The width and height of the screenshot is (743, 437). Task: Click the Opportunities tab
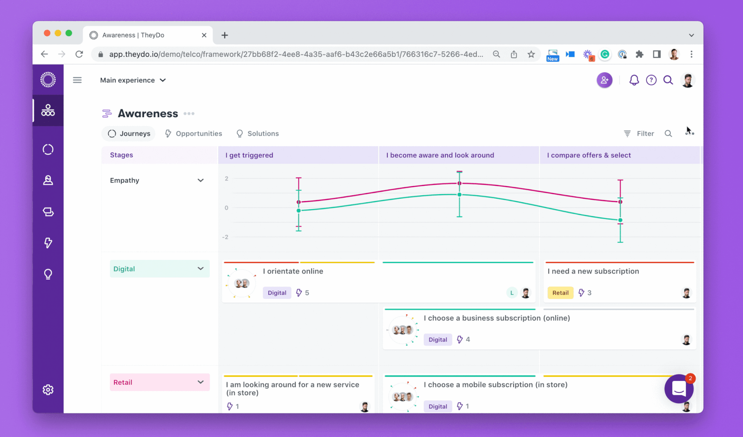pyautogui.click(x=193, y=133)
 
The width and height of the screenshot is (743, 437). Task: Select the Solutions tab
pyautogui.click(x=257, y=133)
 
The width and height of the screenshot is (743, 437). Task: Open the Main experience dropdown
pyautogui.click(x=133, y=80)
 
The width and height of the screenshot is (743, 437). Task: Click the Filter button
pyautogui.click(x=639, y=133)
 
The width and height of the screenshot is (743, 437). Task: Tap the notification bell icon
pyautogui.click(x=634, y=80)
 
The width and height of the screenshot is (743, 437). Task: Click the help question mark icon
pyautogui.click(x=651, y=80)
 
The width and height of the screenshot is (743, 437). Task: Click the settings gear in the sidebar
pyautogui.click(x=48, y=389)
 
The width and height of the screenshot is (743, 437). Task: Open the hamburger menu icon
pyautogui.click(x=77, y=80)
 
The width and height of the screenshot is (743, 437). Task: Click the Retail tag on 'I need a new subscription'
pyautogui.click(x=560, y=293)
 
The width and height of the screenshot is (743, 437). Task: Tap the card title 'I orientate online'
pyautogui.click(x=293, y=271)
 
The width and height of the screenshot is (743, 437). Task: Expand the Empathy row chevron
pyautogui.click(x=200, y=180)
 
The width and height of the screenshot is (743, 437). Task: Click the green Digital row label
pyautogui.click(x=159, y=269)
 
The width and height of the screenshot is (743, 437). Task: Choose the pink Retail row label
pyautogui.click(x=159, y=382)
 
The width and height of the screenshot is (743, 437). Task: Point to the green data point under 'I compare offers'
pyautogui.click(x=620, y=220)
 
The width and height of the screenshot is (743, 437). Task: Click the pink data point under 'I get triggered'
pyautogui.click(x=299, y=202)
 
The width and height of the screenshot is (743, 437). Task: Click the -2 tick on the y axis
pyautogui.click(x=225, y=237)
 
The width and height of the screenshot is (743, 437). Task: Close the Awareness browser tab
pyautogui.click(x=204, y=35)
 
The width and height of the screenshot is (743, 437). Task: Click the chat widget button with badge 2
pyautogui.click(x=679, y=389)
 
